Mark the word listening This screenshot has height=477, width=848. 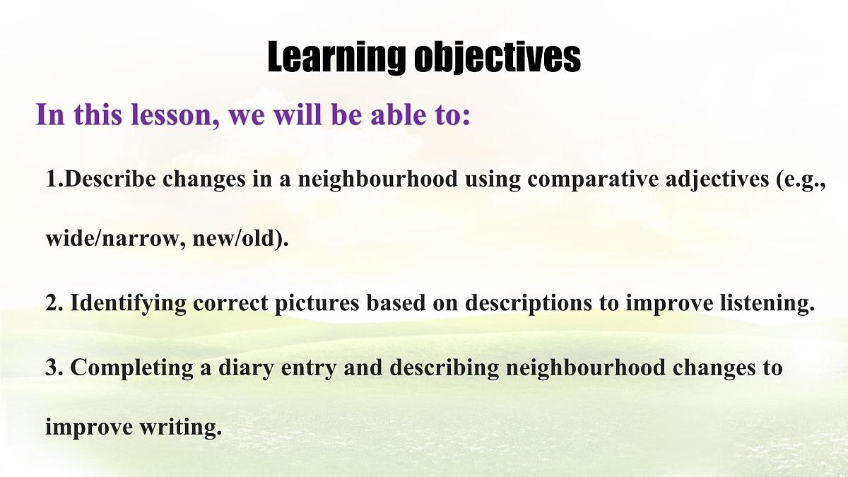coord(762,304)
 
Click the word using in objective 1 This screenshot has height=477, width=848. coord(492,181)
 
